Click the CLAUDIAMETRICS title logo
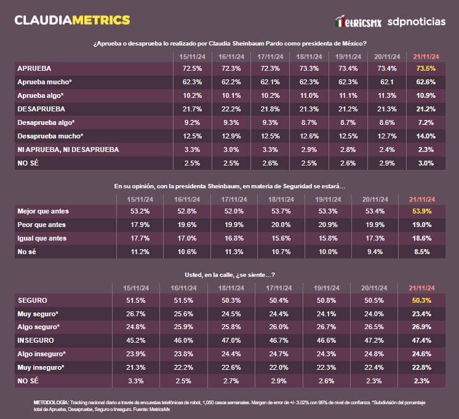72,20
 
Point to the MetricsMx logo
359,22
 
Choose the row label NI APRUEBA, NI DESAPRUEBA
68,150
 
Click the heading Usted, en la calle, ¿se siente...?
230,275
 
